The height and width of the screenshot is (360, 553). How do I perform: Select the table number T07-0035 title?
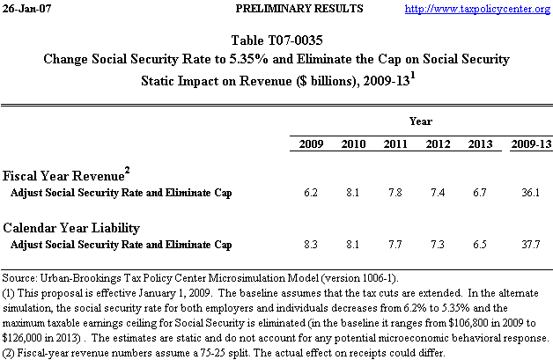(x=276, y=42)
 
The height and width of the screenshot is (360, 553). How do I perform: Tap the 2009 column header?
(x=311, y=143)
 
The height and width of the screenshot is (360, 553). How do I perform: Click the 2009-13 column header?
(x=531, y=143)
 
